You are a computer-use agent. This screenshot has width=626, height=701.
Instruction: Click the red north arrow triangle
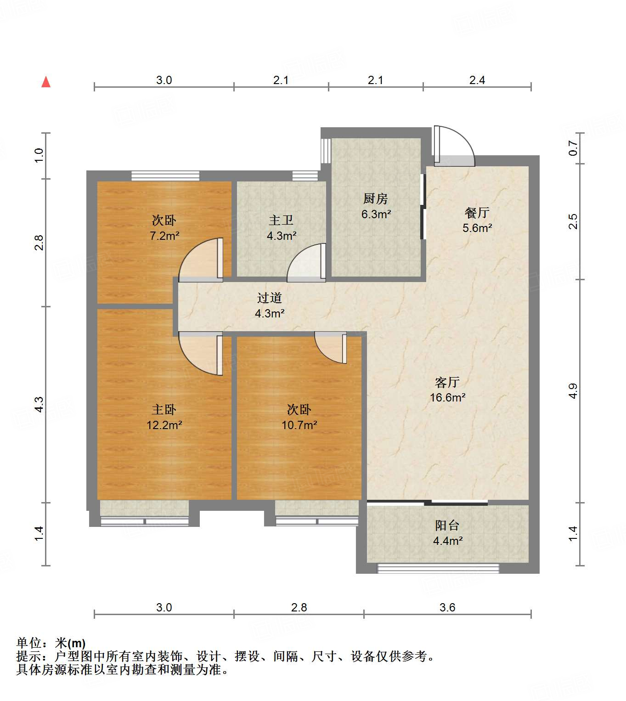46,82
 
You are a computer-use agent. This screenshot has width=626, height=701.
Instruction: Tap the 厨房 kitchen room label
375,198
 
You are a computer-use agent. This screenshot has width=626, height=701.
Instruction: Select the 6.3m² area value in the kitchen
376,214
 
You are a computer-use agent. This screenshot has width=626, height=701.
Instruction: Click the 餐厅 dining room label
477,213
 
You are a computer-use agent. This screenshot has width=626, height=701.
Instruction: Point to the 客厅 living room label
447,382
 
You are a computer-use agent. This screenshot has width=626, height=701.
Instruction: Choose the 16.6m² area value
447,398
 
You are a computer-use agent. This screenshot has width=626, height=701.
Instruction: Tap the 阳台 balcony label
447,526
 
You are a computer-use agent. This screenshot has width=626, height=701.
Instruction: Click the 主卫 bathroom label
281,220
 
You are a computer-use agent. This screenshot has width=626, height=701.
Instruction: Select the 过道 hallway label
269,298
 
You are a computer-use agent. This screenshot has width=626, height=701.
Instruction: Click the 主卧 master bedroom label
164,409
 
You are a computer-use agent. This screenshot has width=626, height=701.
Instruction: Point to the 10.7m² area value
299,425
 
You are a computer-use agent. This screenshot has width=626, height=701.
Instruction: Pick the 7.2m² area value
164,236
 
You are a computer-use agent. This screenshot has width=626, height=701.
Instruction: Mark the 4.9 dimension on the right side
573,391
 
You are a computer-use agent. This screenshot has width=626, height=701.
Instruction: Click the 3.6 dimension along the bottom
447,607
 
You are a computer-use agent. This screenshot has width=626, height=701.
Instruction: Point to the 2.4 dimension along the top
477,80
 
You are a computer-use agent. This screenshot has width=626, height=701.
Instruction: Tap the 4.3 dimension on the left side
39,404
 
